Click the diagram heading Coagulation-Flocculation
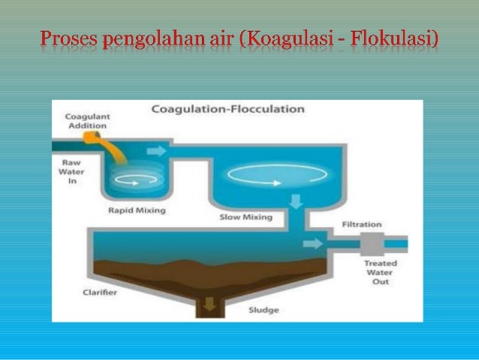pos(228,109)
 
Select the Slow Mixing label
pos(245,217)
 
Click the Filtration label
pos(361,224)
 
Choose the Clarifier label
pos(100,292)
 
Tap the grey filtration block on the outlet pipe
pos(370,244)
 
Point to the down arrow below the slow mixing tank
pos(296,201)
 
